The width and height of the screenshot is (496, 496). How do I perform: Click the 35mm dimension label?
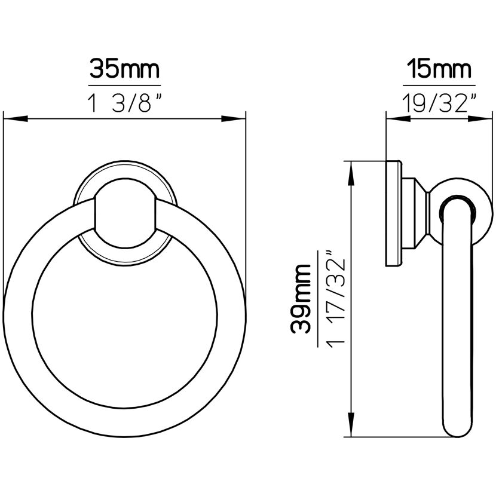pyautogui.click(x=124, y=69)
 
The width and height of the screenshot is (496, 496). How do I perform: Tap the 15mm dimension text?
pyautogui.click(x=439, y=69)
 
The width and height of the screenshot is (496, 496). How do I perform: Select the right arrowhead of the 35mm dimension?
pyautogui.click(x=234, y=119)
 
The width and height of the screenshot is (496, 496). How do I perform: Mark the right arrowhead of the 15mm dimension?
pyautogui.click(x=480, y=119)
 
